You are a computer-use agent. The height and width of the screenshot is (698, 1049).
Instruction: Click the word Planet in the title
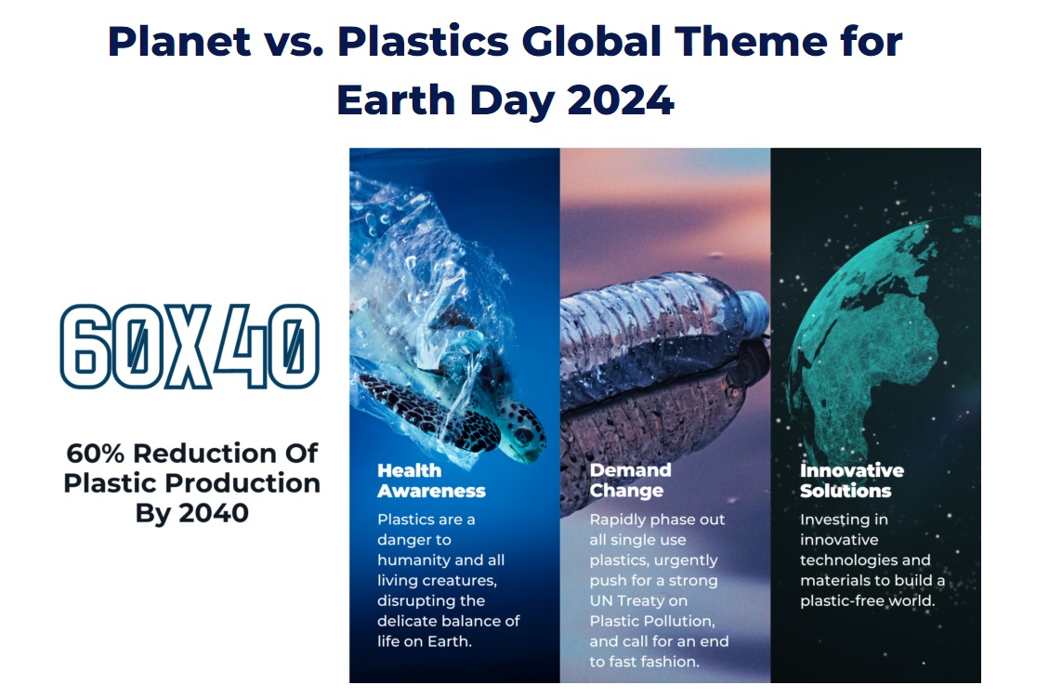tap(179, 42)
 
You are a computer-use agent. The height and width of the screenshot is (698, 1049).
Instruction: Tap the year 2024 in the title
tap(620, 100)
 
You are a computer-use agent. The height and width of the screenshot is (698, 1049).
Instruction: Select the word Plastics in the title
tap(423, 42)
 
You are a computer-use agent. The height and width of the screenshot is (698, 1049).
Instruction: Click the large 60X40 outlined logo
tap(190, 346)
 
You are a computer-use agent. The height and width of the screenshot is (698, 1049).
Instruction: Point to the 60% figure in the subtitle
tap(95, 453)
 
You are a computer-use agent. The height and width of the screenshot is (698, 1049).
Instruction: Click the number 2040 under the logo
tap(214, 513)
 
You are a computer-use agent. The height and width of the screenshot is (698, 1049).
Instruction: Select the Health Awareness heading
tap(431, 481)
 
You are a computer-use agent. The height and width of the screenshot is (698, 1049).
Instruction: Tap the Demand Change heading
tap(630, 481)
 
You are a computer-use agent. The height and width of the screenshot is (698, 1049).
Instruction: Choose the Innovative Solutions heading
tap(852, 481)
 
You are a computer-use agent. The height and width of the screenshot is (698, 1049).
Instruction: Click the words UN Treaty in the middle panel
tap(638, 601)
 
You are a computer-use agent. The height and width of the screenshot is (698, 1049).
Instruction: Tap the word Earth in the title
tap(396, 100)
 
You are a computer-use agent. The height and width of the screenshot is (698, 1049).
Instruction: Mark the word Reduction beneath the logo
tap(204, 453)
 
